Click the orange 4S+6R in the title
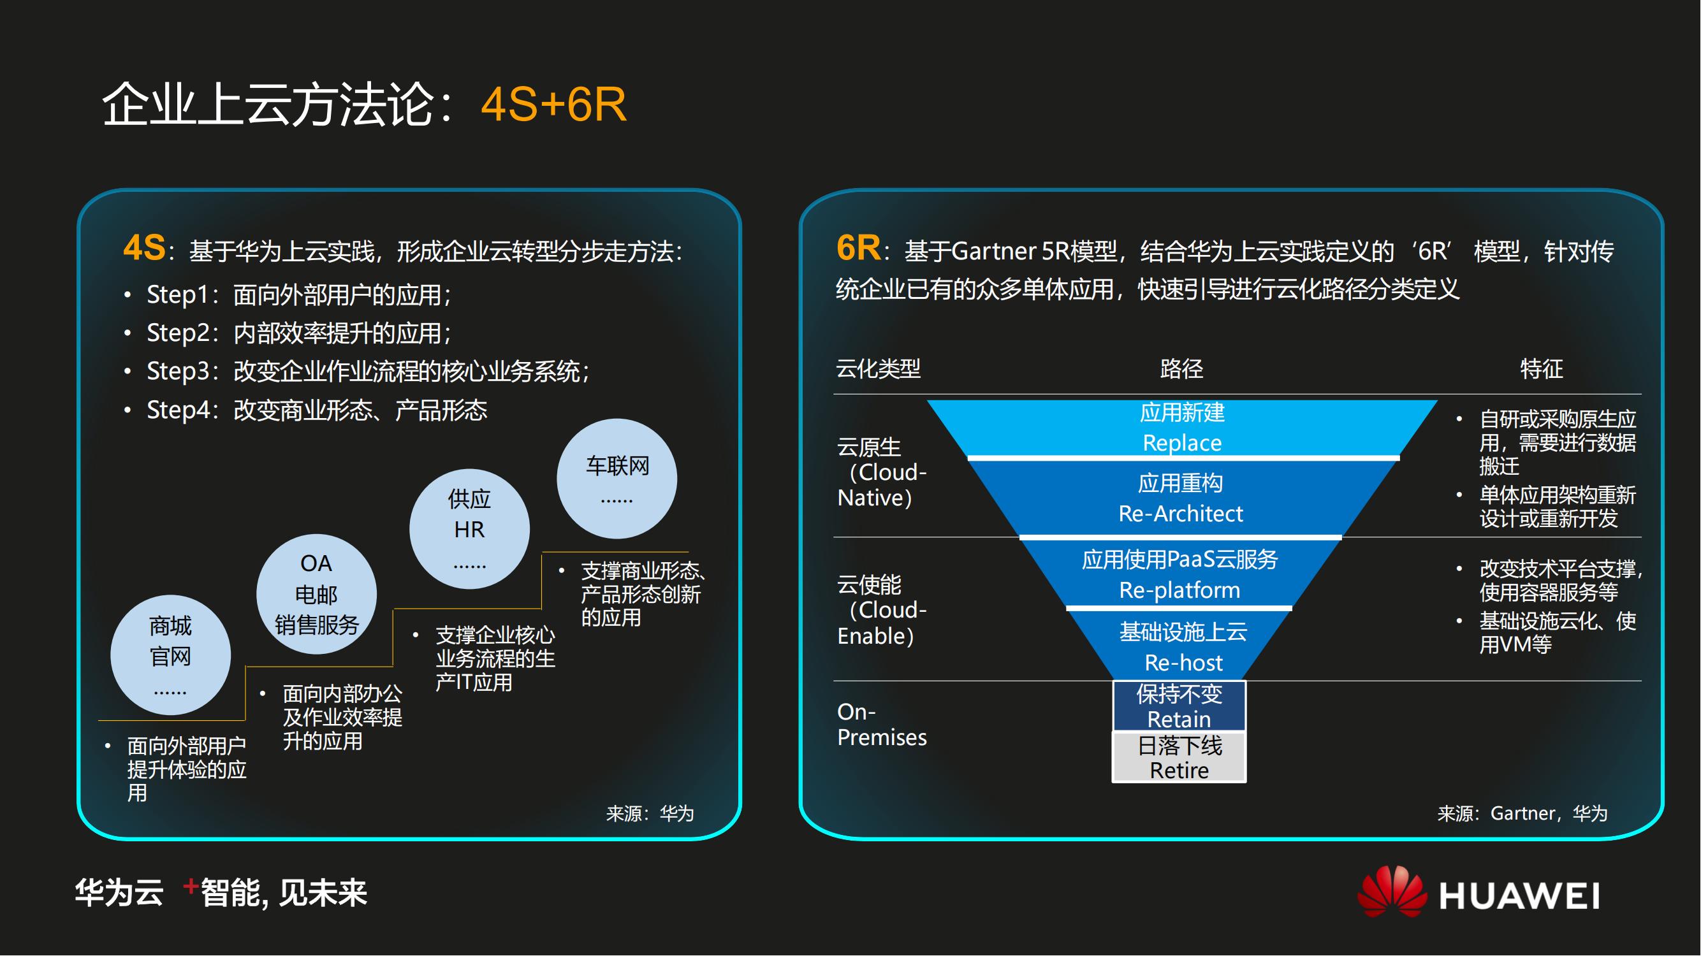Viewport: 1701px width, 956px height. (x=553, y=105)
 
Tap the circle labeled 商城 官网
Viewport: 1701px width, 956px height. (x=170, y=655)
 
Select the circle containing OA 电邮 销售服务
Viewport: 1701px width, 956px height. (x=316, y=594)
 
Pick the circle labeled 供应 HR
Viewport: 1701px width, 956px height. (x=469, y=529)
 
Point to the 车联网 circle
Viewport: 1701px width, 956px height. (x=617, y=479)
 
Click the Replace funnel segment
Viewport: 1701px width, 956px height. (x=1182, y=428)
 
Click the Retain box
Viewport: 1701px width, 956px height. (x=1179, y=706)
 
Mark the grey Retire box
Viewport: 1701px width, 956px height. (x=1179, y=757)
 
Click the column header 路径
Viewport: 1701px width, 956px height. (x=1181, y=368)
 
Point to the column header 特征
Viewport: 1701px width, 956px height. (x=1541, y=368)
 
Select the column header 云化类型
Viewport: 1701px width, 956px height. (x=879, y=368)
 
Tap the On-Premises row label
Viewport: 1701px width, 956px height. (x=882, y=724)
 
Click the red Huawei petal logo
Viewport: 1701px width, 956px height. (x=1391, y=892)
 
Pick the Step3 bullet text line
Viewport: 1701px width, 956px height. (x=368, y=371)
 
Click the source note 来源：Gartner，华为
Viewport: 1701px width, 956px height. (x=1522, y=813)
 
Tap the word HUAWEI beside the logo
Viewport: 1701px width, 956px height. (x=1519, y=896)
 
